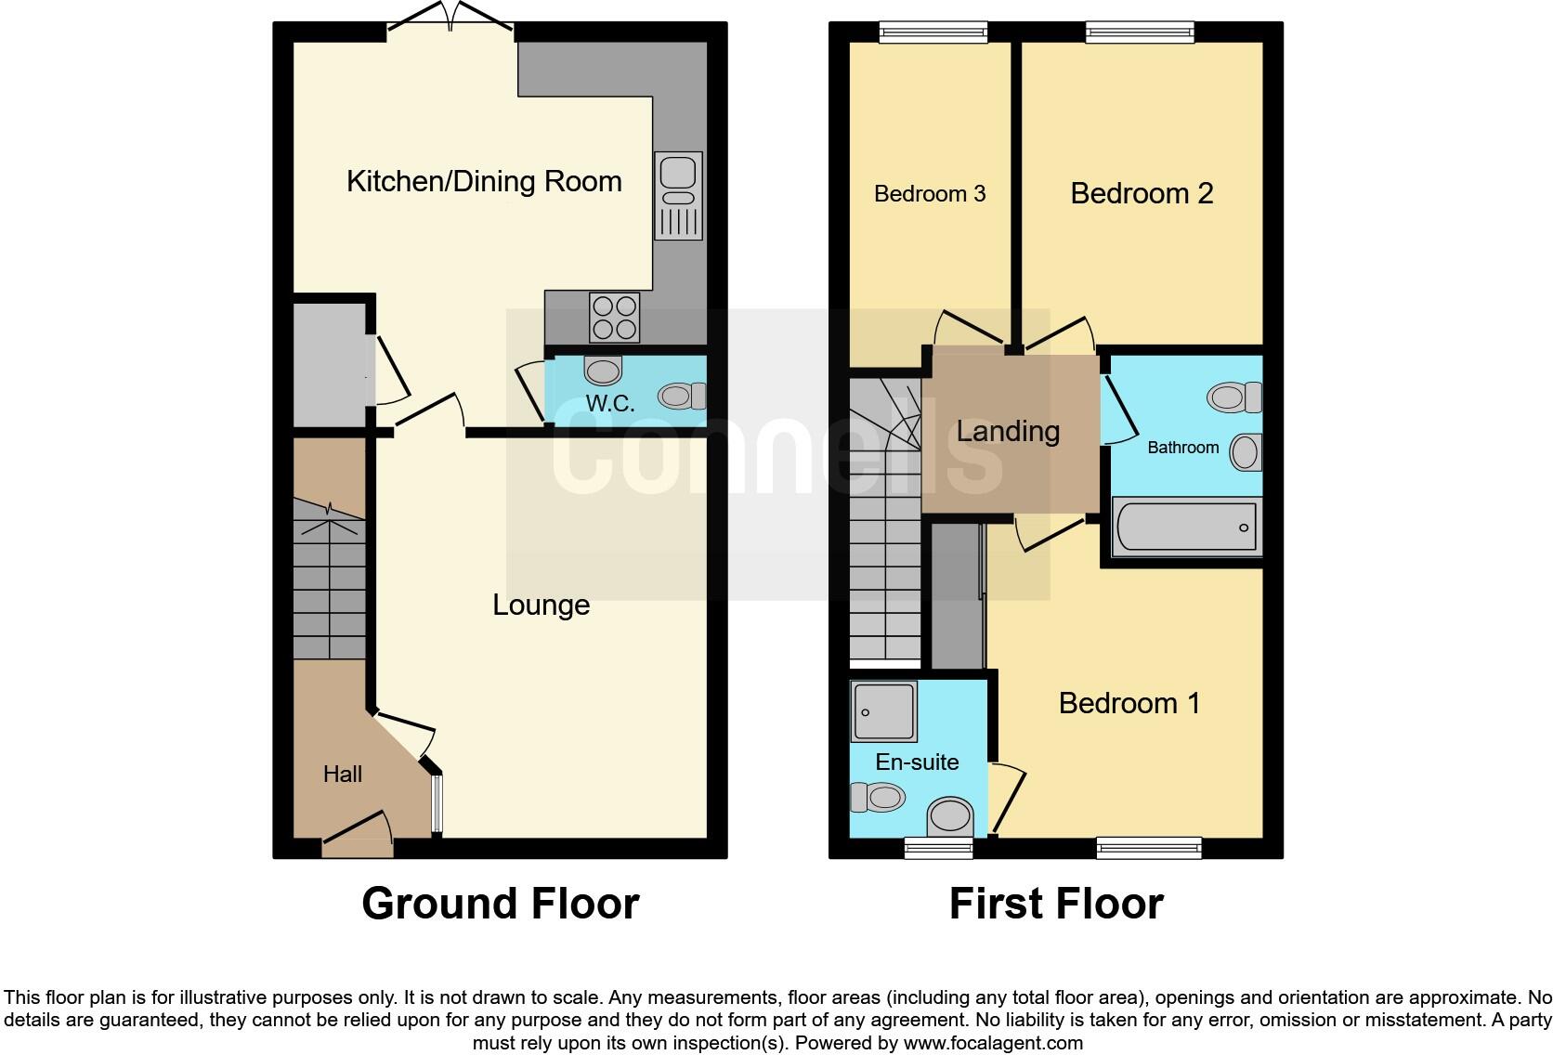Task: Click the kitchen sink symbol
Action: click(679, 194)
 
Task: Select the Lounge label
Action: click(541, 605)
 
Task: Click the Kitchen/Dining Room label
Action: click(484, 181)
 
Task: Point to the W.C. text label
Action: click(610, 403)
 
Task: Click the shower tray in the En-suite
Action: click(883, 711)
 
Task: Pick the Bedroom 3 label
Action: click(929, 194)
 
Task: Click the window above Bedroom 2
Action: click(1140, 33)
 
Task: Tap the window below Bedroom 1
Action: click(1148, 846)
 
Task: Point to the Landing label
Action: click(1008, 431)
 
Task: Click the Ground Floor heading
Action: click(500, 904)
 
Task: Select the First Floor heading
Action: click(1056, 904)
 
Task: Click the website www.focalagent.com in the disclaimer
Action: click(992, 1042)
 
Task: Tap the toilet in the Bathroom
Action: click(1233, 398)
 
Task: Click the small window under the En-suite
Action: click(938, 846)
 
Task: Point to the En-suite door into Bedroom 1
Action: click(1009, 799)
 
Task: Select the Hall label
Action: click(342, 774)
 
